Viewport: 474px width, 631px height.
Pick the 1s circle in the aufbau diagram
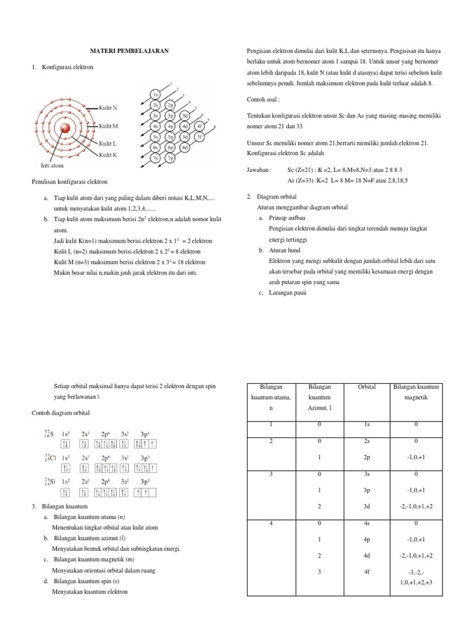point(156,94)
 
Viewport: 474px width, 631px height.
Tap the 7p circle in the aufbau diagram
point(170,157)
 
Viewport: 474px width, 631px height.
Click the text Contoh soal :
point(263,99)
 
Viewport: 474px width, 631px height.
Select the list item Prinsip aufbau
point(288,218)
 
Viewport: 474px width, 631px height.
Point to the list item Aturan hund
point(286,251)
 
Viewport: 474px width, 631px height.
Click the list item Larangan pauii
point(288,293)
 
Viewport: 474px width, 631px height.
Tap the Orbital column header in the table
point(367,387)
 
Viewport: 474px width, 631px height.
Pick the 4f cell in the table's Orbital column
point(367,572)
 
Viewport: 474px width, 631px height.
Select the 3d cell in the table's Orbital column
point(367,506)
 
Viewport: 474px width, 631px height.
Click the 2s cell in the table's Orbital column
point(367,441)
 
